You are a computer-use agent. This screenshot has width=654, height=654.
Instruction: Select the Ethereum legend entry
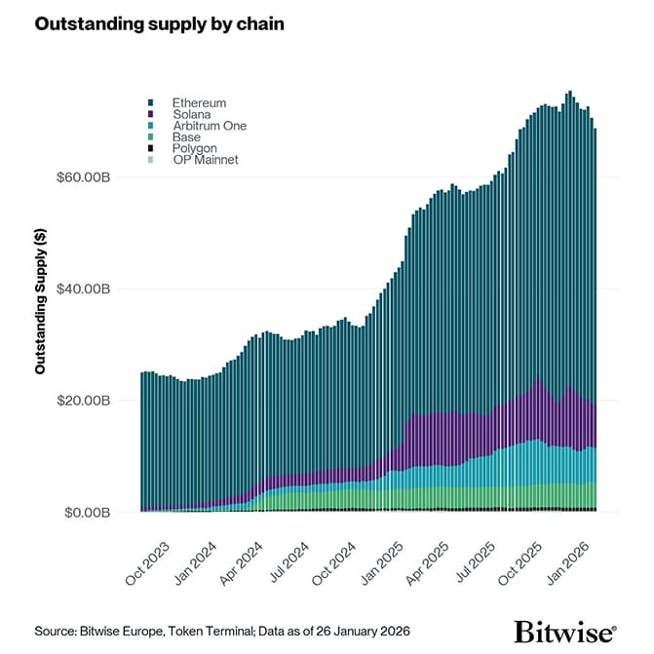point(199,102)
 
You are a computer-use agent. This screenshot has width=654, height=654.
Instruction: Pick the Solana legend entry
point(191,114)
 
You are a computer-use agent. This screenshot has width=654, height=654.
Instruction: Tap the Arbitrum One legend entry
point(209,126)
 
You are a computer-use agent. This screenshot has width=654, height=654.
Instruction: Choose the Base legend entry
point(186,137)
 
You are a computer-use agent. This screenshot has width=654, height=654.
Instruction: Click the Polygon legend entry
point(194,148)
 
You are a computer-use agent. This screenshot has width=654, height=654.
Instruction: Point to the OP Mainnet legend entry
point(205,160)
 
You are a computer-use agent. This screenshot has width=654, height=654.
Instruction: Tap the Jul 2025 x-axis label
point(478,560)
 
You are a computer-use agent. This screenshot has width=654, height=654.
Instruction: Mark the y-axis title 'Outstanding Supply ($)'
point(41,301)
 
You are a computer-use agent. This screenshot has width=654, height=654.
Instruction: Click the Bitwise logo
point(565,631)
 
